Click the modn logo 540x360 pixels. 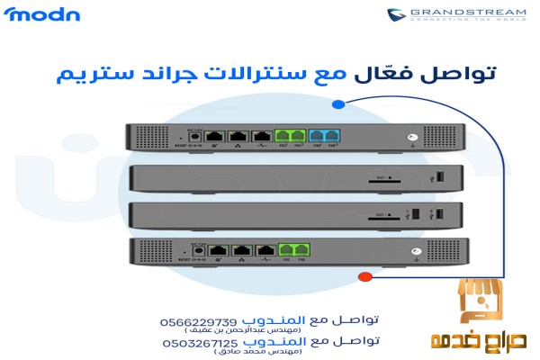pos(43,14)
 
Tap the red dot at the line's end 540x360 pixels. pos(364,276)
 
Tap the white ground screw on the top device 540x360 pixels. pos(412,138)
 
